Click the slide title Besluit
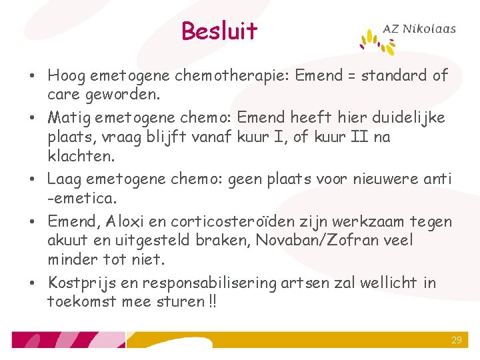[219, 31]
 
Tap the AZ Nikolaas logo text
[419, 29]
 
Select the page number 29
[456, 340]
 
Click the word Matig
[66, 118]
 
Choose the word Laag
[65, 179]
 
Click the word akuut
[65, 240]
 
